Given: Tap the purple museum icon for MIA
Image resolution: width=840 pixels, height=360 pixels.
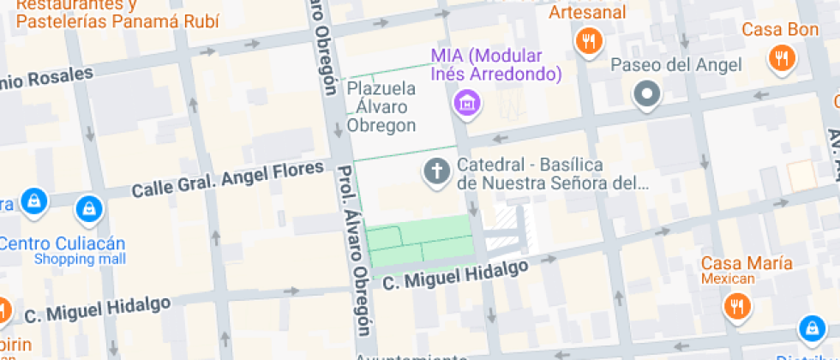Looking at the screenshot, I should [x=467, y=103].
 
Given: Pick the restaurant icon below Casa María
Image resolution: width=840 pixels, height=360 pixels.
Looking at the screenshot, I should [x=735, y=305].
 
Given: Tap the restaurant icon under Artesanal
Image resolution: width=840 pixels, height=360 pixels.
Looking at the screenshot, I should [x=588, y=40].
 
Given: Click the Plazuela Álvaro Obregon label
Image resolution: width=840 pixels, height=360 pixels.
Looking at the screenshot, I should [x=381, y=106].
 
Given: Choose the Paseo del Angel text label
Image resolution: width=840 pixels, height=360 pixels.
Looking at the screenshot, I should [x=675, y=65].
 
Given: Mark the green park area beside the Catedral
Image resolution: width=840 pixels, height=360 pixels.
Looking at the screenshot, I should [x=420, y=239].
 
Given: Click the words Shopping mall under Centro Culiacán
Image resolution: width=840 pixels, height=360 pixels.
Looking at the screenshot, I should [x=80, y=259].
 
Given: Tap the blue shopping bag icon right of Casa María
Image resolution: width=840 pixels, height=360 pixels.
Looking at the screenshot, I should [x=811, y=327].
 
